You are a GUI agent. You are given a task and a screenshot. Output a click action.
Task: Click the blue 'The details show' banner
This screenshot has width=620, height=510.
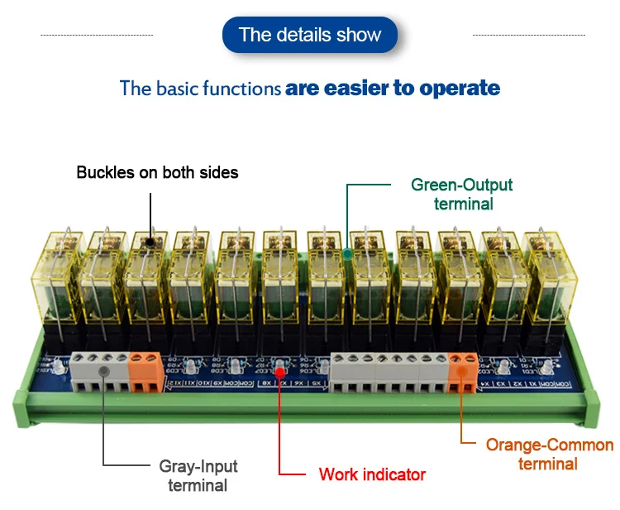point(310,35)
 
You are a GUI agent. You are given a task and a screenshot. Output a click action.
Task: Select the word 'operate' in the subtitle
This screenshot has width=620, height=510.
point(460,88)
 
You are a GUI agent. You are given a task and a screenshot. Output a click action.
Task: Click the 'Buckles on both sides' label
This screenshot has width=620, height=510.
point(157,173)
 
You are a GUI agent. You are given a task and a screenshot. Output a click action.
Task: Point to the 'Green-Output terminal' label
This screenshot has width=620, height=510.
point(462,194)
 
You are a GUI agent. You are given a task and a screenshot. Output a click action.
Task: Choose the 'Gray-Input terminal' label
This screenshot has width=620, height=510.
point(198,475)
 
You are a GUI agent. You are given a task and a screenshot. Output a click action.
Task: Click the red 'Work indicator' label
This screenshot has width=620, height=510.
point(372,474)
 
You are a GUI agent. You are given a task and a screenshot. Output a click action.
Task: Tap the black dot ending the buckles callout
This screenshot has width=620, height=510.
point(150,243)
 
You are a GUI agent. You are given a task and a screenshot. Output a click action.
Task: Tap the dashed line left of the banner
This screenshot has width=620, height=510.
point(97,35)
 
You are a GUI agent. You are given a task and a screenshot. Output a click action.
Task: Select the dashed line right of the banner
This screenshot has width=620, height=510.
point(528,35)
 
